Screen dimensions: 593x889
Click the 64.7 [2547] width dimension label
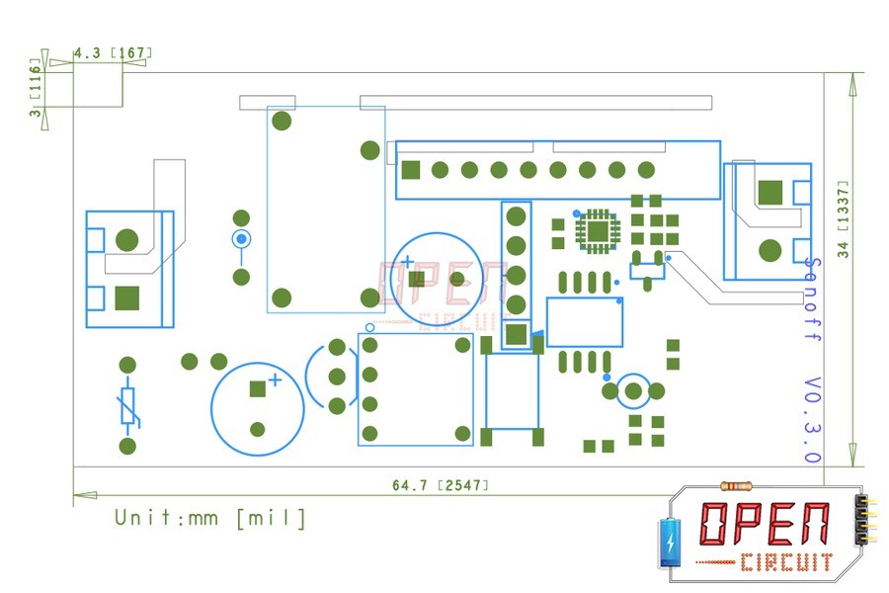click(441, 485)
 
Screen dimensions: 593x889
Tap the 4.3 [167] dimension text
click(113, 53)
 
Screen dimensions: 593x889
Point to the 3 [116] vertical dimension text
click(37, 91)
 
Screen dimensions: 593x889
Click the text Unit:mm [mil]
click(210, 518)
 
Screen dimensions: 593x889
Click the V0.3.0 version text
click(812, 420)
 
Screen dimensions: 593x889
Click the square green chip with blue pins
click(598, 230)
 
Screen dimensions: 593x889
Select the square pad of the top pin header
click(411, 169)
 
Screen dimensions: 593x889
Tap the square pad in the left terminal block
click(126, 296)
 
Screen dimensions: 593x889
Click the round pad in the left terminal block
click(126, 239)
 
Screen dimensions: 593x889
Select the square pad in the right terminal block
click(769, 192)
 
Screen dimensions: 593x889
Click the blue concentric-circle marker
click(240, 239)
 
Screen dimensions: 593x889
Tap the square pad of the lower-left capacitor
click(258, 389)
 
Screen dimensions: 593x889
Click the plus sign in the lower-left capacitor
click(276, 380)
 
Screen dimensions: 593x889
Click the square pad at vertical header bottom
click(515, 334)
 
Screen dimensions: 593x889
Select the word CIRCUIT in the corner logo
click(786, 563)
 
